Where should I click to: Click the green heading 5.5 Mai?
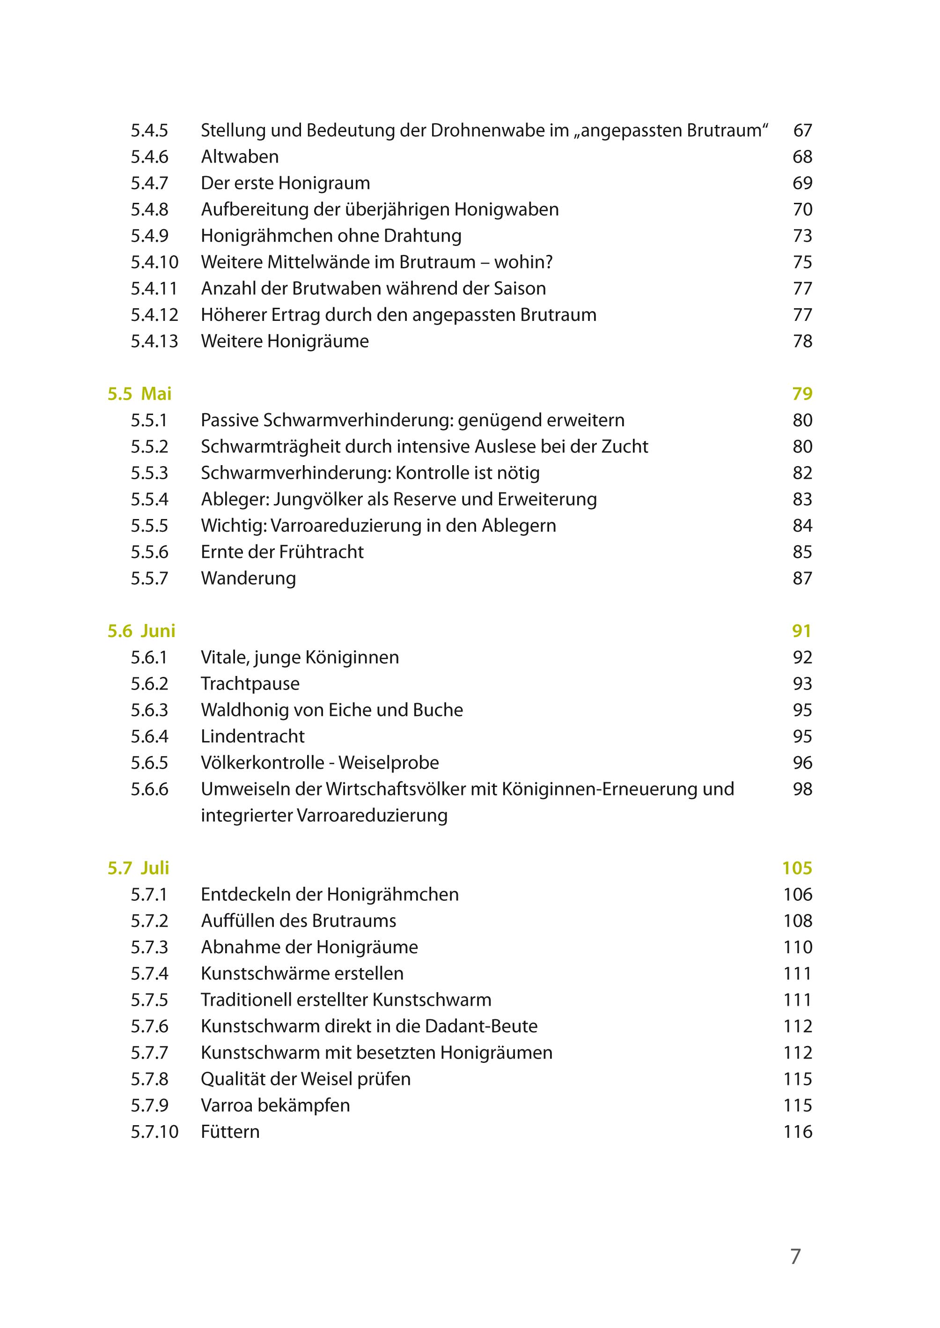(140, 394)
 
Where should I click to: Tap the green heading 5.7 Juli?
(139, 868)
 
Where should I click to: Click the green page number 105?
(797, 868)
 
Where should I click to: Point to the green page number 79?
(802, 394)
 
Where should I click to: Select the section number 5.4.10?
(154, 262)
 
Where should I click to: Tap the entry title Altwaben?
(240, 156)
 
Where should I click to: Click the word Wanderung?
(248, 578)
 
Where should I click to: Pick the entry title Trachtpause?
(250, 683)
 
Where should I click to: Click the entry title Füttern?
(230, 1131)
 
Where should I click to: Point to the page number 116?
(798, 1131)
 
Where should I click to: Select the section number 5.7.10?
(154, 1131)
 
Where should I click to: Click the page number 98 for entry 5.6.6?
(802, 789)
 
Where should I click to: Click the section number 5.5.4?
(149, 499)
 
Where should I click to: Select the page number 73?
(802, 236)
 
